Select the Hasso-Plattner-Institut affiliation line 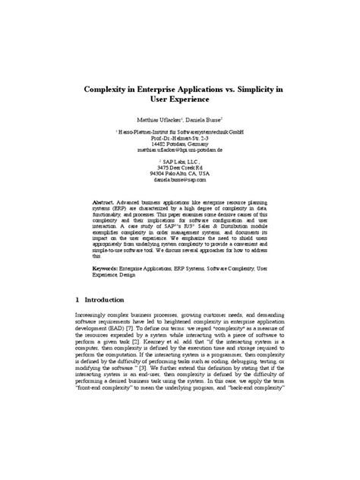(x=181, y=132)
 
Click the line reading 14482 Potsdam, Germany (x=179, y=144)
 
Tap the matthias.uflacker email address (x=179, y=150)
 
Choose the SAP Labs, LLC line (x=179, y=162)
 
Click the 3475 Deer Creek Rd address (x=179, y=168)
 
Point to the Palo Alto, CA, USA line (x=179, y=174)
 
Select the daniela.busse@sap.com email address (x=179, y=180)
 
